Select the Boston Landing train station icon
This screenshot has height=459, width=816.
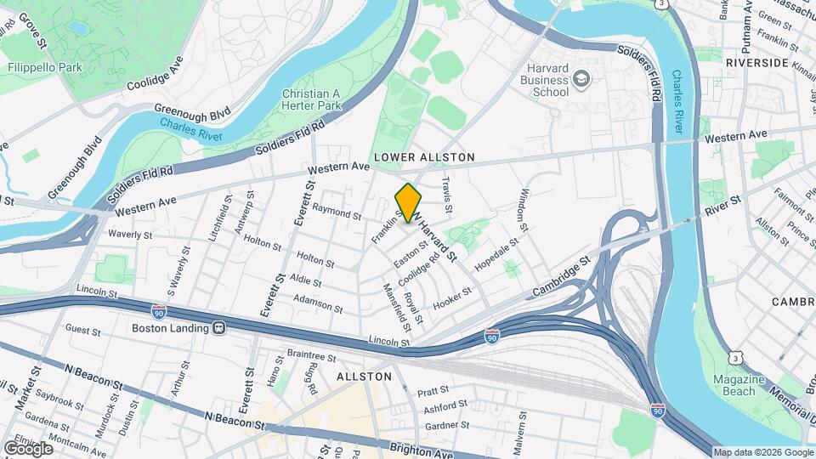(x=218, y=328)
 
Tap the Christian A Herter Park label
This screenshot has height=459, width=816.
(x=311, y=99)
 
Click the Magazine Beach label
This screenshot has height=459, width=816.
(x=734, y=385)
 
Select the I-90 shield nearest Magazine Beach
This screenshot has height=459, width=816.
(x=657, y=410)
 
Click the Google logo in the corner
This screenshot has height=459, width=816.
(x=28, y=448)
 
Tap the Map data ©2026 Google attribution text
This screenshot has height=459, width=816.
(x=762, y=452)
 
